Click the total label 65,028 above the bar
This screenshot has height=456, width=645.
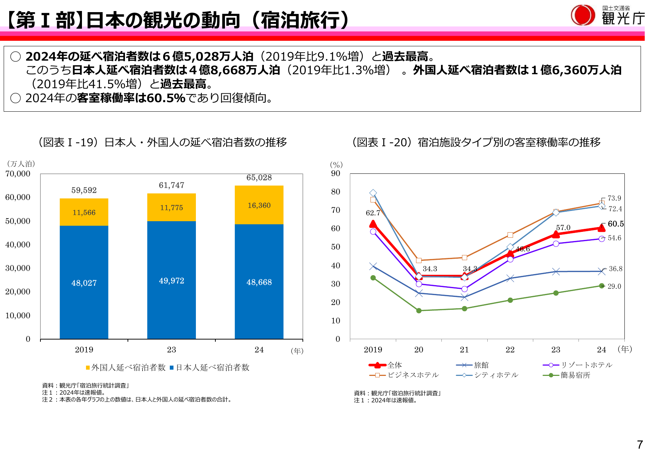click(x=259, y=178)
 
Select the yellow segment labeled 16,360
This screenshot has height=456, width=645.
click(x=259, y=205)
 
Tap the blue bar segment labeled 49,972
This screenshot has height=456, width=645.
click(x=171, y=281)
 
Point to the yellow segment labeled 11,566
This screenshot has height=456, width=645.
click(x=84, y=212)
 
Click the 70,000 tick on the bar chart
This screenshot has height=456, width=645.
click(x=18, y=174)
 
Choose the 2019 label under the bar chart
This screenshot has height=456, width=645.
click(x=84, y=349)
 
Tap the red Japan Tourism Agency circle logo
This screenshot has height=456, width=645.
click(x=583, y=15)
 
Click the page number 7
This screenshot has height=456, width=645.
click(x=640, y=445)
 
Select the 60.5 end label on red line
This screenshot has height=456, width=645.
click(x=616, y=224)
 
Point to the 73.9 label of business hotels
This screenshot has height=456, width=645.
click(x=614, y=198)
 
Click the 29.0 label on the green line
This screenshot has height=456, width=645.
click(x=614, y=286)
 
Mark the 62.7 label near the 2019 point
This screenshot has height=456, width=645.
click(x=373, y=213)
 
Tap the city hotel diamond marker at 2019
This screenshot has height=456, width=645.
click(x=373, y=193)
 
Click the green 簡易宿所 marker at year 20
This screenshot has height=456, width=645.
click(x=419, y=310)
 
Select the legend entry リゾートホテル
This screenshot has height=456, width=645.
click(x=578, y=365)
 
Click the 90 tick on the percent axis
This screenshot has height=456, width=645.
click(x=336, y=173)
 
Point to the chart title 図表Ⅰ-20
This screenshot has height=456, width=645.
click(x=476, y=142)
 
